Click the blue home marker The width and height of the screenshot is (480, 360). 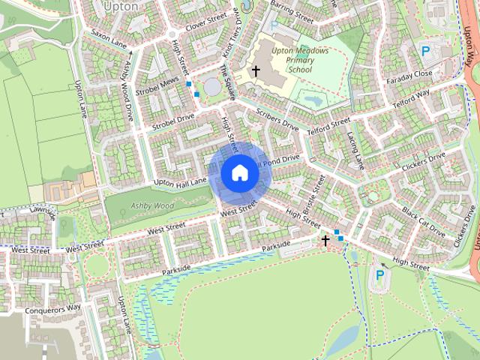[x=239, y=173]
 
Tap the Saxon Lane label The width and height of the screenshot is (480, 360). [x=109, y=40]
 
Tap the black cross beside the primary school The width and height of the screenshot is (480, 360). [x=256, y=71]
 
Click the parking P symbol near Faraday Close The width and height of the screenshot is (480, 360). [x=425, y=51]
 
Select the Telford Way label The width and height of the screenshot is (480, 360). [x=412, y=98]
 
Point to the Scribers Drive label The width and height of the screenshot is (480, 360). [x=277, y=118]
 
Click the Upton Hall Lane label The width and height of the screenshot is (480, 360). [x=180, y=182]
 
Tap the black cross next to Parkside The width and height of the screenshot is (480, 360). [x=325, y=240]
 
